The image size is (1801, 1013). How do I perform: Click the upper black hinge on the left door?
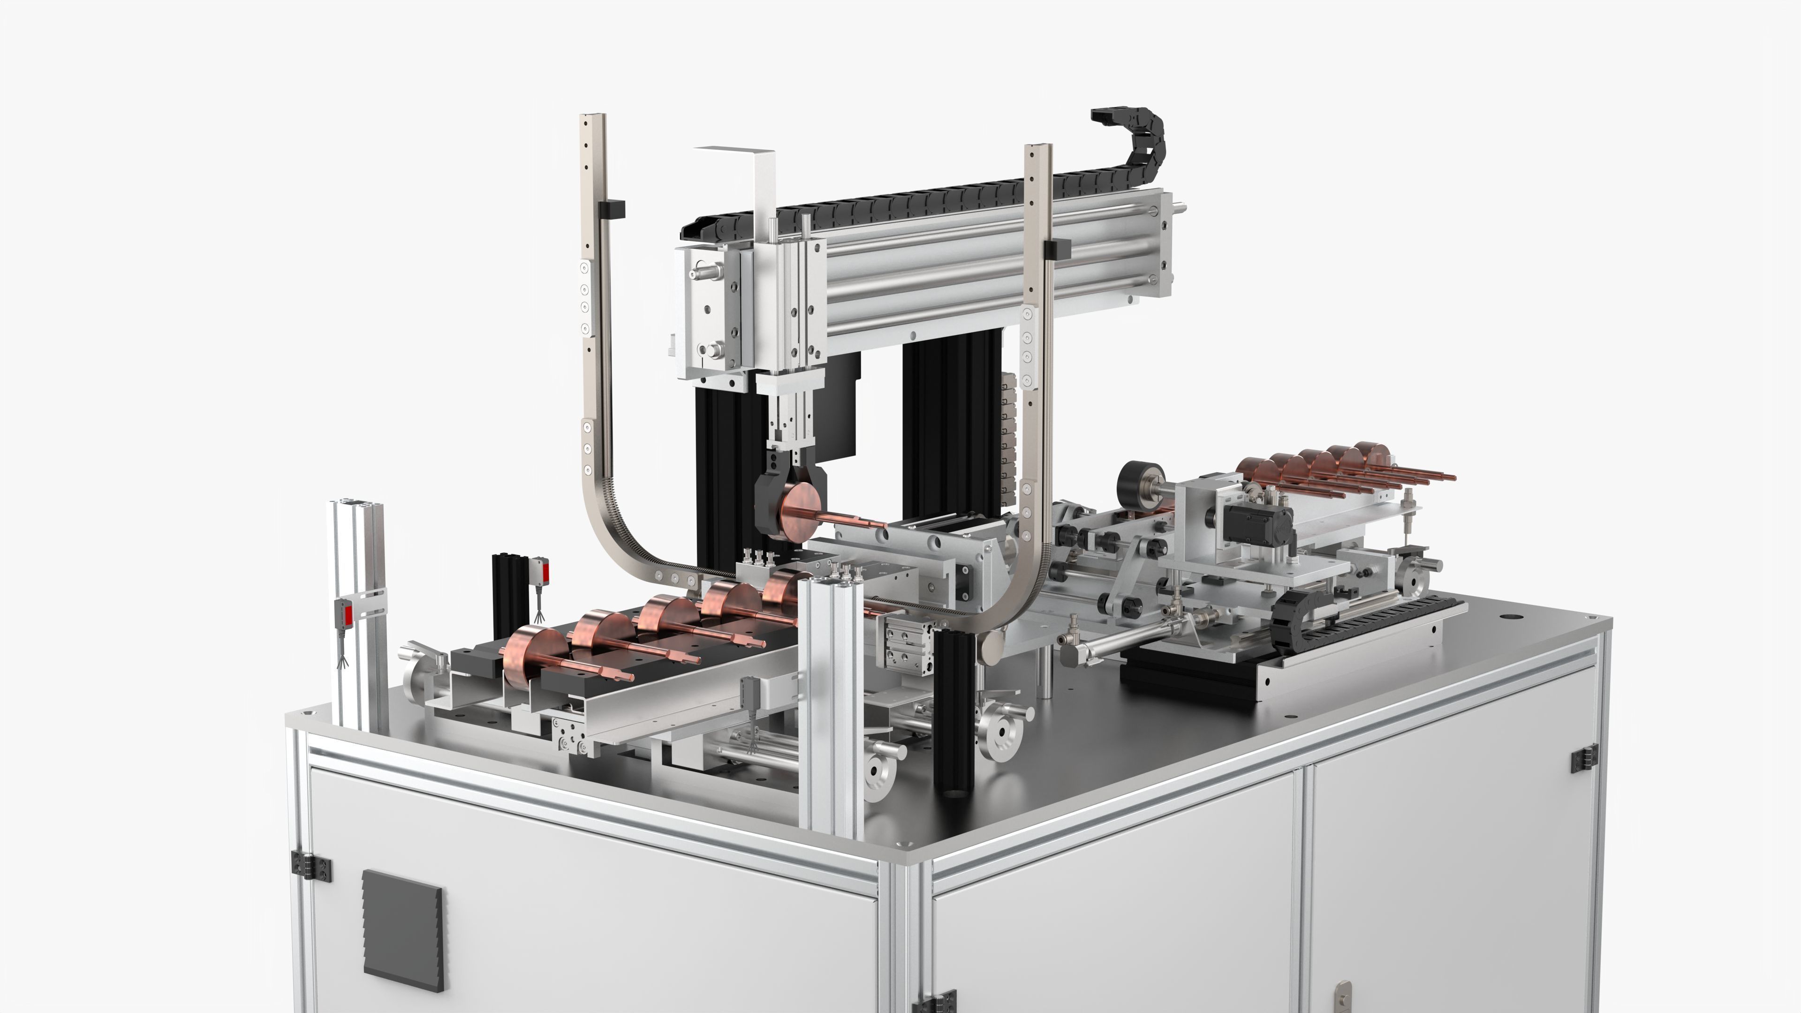[311, 867]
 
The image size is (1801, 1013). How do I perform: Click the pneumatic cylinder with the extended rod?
[1133, 640]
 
